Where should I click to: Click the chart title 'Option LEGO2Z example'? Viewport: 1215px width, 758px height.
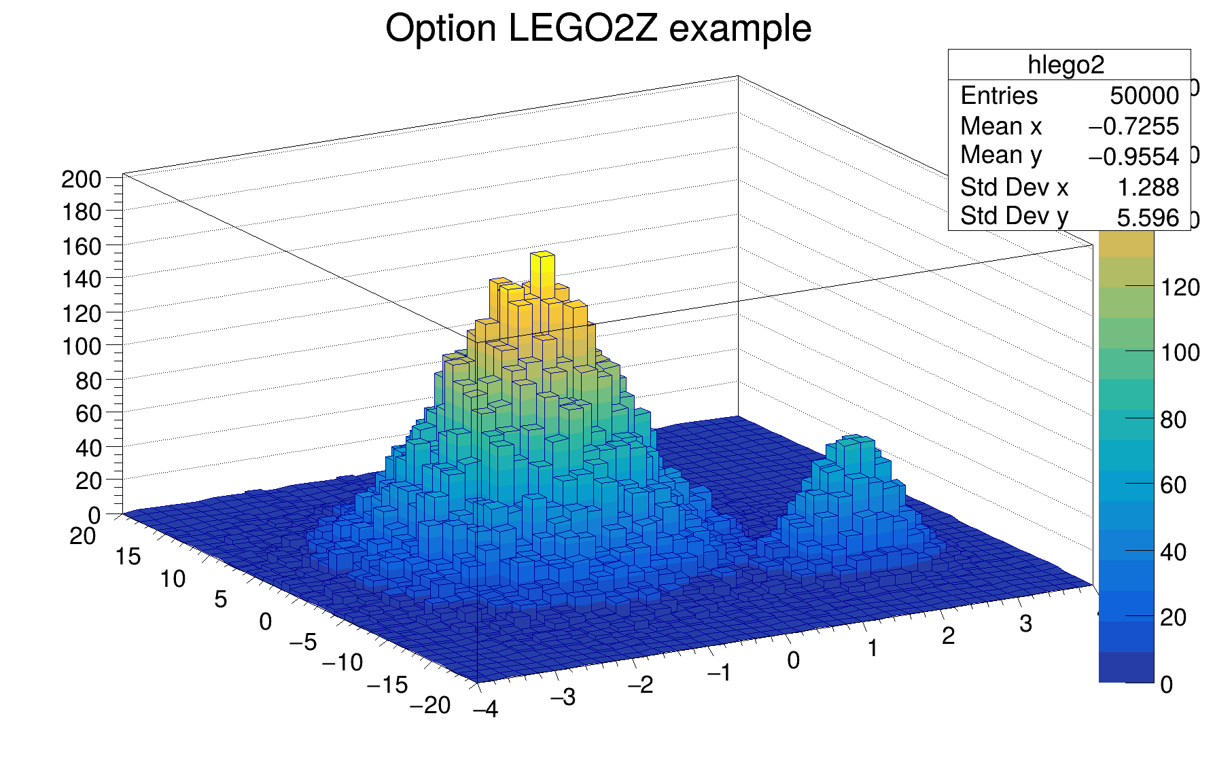point(598,29)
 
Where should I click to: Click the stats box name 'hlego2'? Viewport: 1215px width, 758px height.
point(1066,65)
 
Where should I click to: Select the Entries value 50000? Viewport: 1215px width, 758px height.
point(1144,96)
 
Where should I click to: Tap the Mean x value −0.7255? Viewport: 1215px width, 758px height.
point(1133,126)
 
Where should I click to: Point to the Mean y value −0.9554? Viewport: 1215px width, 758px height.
point(1133,157)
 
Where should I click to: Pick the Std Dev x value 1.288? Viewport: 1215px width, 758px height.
point(1148,187)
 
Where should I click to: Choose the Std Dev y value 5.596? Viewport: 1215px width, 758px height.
point(1148,217)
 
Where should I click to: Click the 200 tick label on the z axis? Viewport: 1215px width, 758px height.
point(81,180)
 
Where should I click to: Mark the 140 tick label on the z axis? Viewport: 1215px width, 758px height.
point(81,279)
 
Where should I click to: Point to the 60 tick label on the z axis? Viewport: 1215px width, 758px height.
point(88,414)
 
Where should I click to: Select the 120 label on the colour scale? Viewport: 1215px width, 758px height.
point(1180,288)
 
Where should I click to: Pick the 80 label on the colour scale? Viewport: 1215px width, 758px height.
point(1173,420)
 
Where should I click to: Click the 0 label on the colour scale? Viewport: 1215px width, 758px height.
point(1166,685)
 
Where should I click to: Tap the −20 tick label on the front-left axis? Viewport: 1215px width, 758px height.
point(430,706)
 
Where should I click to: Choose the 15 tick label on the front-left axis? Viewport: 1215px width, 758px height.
point(128,557)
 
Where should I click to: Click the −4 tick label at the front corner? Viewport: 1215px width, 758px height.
point(486,710)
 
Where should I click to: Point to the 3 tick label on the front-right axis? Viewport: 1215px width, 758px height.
point(1025,624)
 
